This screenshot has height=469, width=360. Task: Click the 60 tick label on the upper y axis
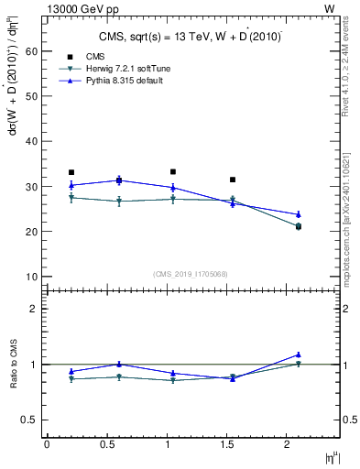[x=31, y=52]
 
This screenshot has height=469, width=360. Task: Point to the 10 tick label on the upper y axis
[x=31, y=277]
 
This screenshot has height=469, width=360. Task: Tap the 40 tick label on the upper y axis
[x=31, y=142]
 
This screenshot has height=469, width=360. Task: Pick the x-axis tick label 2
[x=289, y=444]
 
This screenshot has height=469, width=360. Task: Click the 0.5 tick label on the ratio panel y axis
[x=29, y=420]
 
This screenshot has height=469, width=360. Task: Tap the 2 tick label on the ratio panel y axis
[x=34, y=309]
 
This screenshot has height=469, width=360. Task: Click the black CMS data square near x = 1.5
[x=233, y=180]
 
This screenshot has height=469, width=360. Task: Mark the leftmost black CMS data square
[x=71, y=172]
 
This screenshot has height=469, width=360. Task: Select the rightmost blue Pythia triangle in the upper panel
[x=299, y=214]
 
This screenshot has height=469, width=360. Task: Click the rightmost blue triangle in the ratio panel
[x=299, y=354]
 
